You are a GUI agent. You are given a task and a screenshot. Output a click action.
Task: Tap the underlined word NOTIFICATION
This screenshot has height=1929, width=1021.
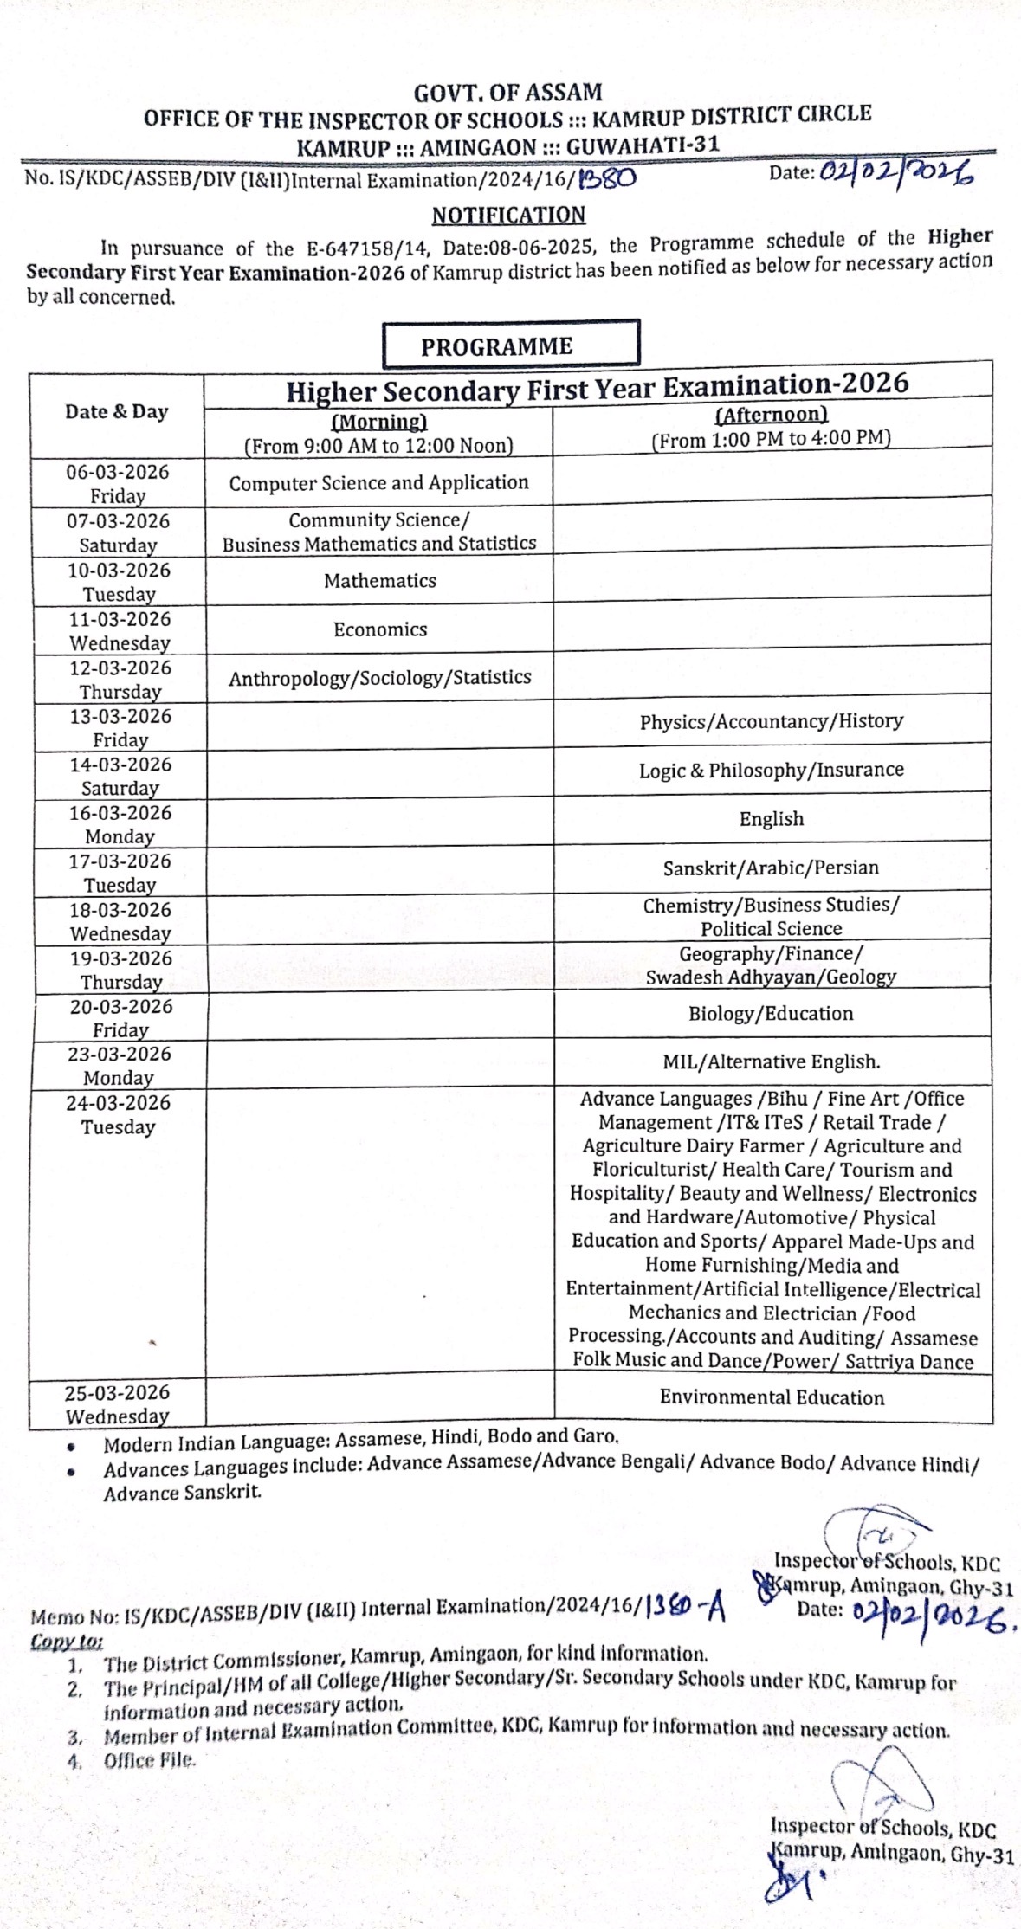click(508, 214)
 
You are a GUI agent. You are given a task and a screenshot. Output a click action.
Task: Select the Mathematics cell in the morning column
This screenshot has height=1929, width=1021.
click(379, 580)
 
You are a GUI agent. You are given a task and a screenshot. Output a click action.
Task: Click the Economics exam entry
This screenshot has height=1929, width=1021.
click(379, 629)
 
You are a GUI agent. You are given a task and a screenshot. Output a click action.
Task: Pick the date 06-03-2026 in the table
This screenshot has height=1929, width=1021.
click(118, 472)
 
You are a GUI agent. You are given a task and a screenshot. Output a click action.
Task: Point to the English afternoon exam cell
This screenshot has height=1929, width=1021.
click(771, 818)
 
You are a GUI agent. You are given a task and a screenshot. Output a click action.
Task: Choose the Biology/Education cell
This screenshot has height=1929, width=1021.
click(771, 1013)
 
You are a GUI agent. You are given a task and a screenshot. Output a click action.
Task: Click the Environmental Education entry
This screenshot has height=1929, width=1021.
click(772, 1397)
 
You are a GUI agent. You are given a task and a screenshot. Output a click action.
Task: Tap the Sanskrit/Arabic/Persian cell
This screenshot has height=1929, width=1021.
click(771, 868)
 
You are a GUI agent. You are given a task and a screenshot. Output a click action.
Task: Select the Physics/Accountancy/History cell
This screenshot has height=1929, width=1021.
click(771, 721)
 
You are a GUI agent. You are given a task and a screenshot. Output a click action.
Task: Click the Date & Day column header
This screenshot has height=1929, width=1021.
click(116, 411)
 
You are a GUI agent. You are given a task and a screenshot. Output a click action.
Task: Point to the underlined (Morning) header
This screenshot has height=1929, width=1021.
click(379, 422)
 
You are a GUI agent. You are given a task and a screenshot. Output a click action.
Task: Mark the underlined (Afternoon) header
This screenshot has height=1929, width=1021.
click(771, 415)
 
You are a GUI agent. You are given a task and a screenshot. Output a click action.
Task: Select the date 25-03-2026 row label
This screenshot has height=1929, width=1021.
click(118, 1392)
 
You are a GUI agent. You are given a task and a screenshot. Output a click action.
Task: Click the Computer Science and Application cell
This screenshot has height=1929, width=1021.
click(378, 482)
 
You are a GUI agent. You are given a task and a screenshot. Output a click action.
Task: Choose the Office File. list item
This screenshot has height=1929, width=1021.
click(150, 1760)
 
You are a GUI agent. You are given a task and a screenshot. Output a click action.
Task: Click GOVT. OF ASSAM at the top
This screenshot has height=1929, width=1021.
click(507, 92)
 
